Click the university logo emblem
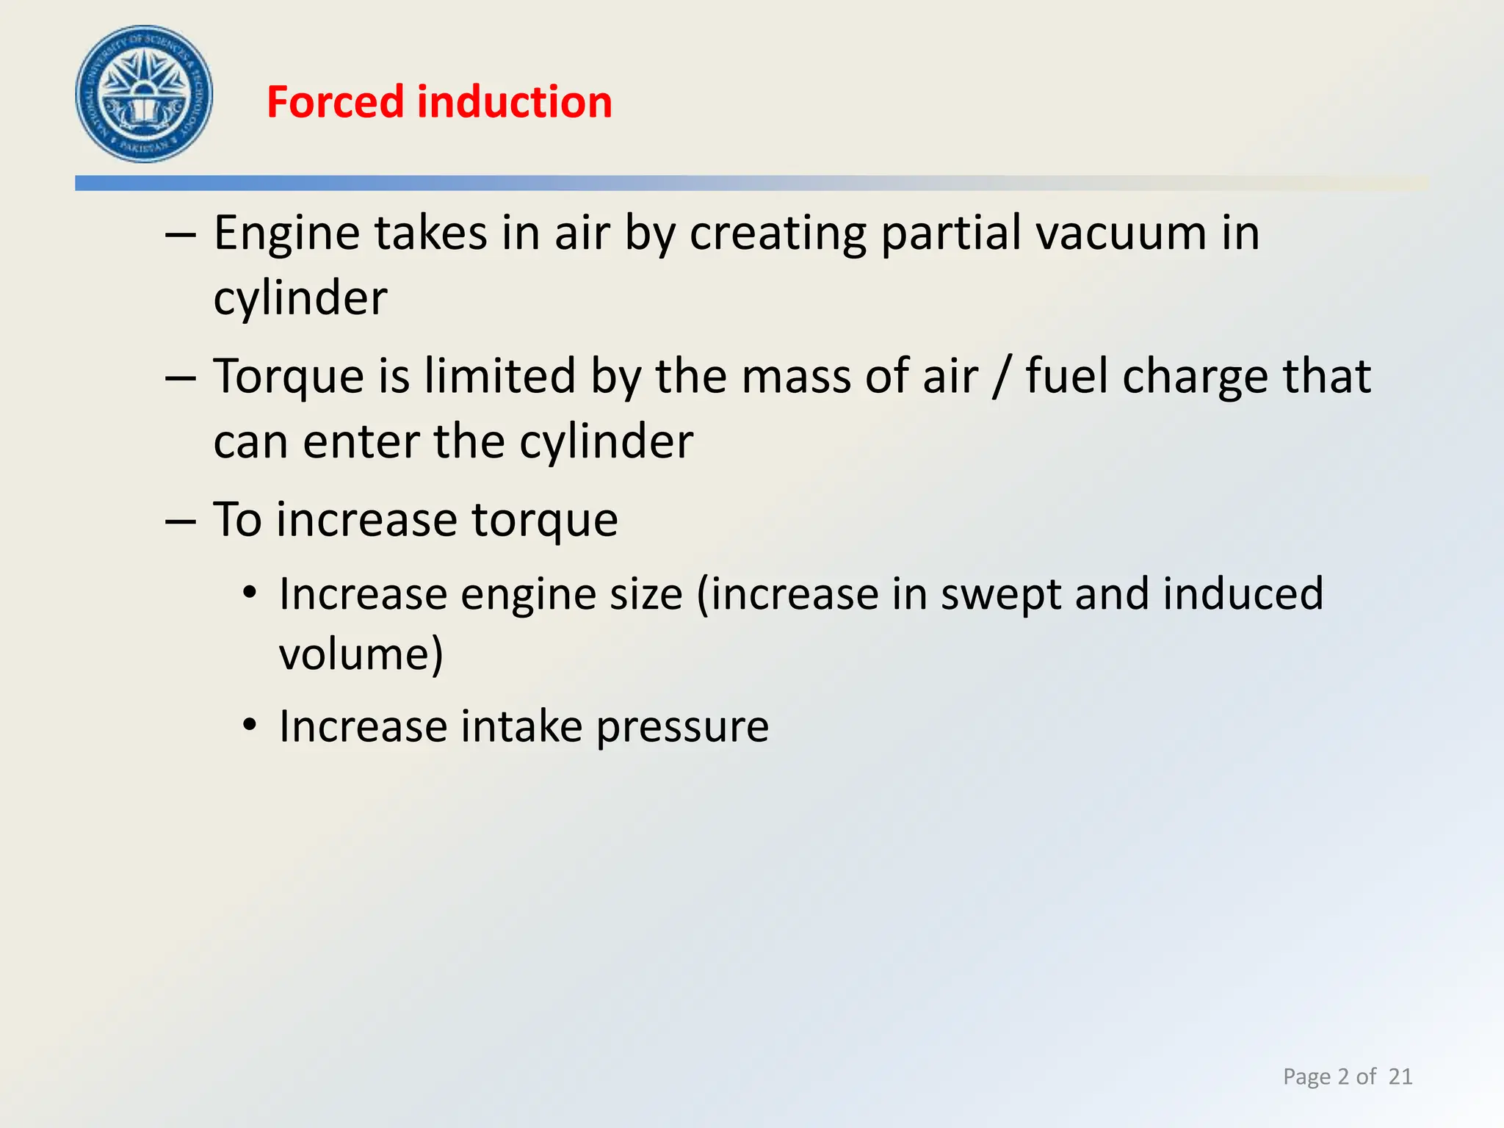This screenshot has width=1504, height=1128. [144, 94]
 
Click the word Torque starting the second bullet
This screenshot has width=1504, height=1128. [289, 377]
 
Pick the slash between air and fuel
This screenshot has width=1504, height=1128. [1000, 377]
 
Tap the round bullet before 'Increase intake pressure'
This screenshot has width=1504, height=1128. [250, 726]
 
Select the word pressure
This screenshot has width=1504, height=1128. [682, 727]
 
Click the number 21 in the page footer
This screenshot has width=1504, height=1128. [1400, 1077]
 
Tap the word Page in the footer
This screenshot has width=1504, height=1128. [1306, 1077]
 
